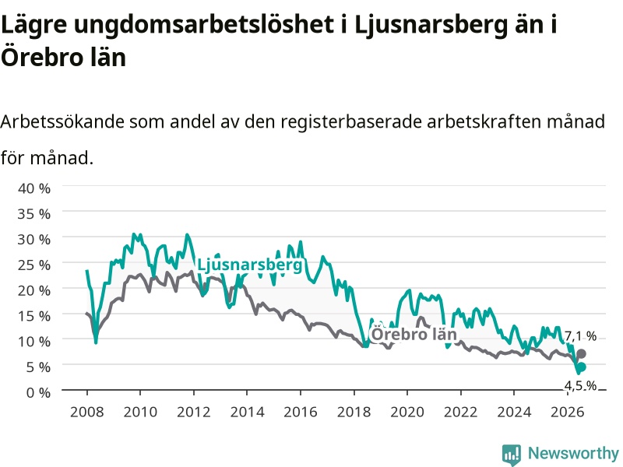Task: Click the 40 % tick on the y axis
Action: (x=34, y=188)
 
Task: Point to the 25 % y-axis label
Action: (x=34, y=265)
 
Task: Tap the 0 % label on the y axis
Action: (x=38, y=393)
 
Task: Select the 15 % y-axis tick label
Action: (x=34, y=316)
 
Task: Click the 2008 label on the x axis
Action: (x=87, y=412)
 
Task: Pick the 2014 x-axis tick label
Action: (x=247, y=412)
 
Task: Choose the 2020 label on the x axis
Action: (x=407, y=412)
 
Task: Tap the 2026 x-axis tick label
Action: (x=568, y=412)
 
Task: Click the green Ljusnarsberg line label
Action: (x=249, y=265)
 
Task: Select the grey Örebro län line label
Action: (x=414, y=334)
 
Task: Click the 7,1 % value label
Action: (x=580, y=336)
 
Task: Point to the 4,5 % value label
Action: (x=580, y=385)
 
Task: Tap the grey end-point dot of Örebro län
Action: (x=581, y=353)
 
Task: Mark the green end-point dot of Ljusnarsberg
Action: (x=581, y=367)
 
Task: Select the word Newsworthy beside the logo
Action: (x=573, y=453)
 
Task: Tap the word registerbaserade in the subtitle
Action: (x=351, y=122)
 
